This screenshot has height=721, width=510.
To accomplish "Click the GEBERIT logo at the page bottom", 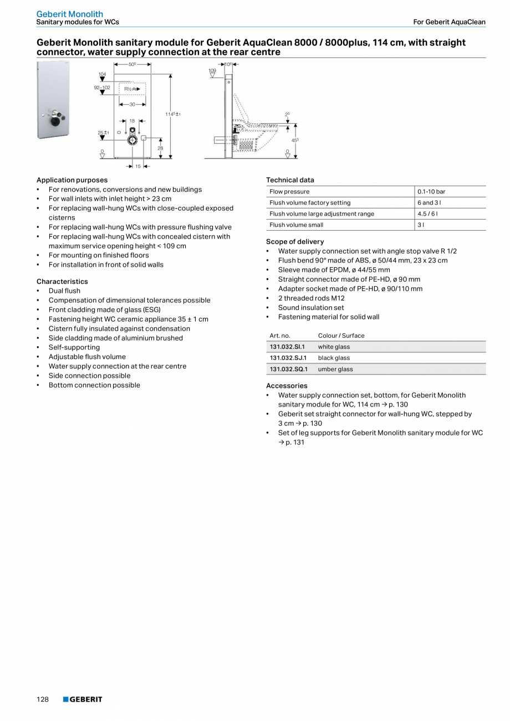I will point(83,699).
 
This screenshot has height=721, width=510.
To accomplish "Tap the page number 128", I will point(43,699).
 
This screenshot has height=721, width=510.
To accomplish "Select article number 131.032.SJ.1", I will point(288,358).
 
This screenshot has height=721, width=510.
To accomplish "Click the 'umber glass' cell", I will point(335,369).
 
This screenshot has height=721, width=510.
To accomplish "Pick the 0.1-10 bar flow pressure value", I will point(431,191).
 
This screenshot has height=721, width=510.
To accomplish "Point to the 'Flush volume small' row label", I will point(296,225).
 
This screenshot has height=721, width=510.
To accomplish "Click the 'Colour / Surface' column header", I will point(341,336).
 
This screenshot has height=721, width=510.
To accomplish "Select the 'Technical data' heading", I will point(290,180).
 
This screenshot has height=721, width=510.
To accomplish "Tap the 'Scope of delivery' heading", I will point(295,241).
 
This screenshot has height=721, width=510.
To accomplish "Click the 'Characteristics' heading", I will point(62,281).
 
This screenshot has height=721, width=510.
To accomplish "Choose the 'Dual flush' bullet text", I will point(64,291).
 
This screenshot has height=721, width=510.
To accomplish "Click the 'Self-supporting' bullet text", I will point(74,347).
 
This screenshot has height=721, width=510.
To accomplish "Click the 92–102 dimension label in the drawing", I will point(101,88).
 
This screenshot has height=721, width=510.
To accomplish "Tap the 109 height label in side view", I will point(212,71).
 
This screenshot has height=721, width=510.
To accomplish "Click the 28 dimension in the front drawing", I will point(160,148).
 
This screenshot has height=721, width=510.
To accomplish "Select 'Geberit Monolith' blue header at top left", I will point(70,14).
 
